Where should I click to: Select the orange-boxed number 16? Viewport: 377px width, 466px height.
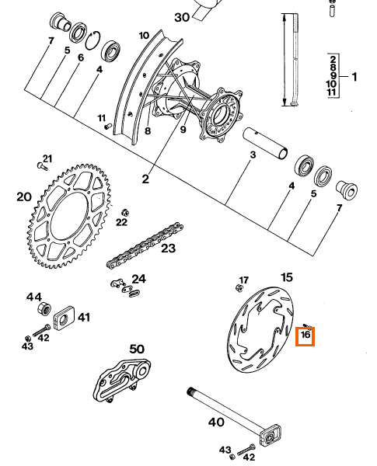pyautogui.click(x=305, y=336)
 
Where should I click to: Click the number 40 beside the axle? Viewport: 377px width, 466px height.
pyautogui.click(x=216, y=423)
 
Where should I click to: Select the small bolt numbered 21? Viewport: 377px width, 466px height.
pyautogui.click(x=40, y=165)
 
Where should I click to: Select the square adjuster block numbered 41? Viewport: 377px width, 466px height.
pyautogui.click(x=63, y=319)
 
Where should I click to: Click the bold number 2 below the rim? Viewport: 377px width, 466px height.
pyautogui.click(x=145, y=179)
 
